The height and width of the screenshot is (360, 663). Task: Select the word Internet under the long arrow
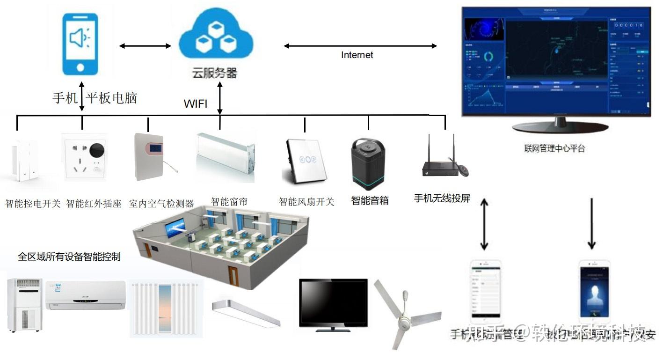(x=357, y=55)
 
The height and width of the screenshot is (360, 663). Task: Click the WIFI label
(x=196, y=104)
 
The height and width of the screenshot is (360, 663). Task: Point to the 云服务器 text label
(x=215, y=73)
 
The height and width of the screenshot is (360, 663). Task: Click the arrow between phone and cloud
(x=145, y=46)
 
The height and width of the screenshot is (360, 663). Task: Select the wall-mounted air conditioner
(x=86, y=295)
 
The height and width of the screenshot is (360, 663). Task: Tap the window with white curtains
(x=167, y=309)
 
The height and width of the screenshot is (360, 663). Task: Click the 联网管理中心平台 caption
(x=554, y=149)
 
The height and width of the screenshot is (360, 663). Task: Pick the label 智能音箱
(x=370, y=201)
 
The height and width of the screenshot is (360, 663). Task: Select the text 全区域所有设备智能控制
(x=69, y=257)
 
